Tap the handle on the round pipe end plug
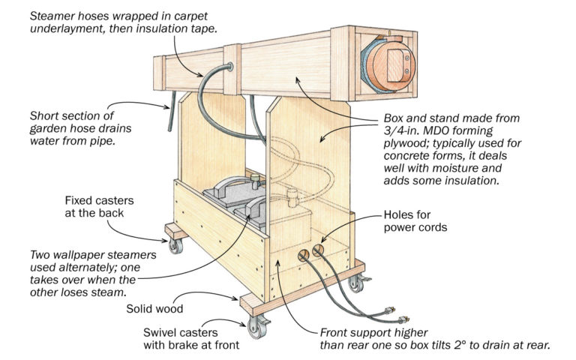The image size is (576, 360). pos(395,56)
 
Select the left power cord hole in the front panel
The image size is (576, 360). pos(303,256)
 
